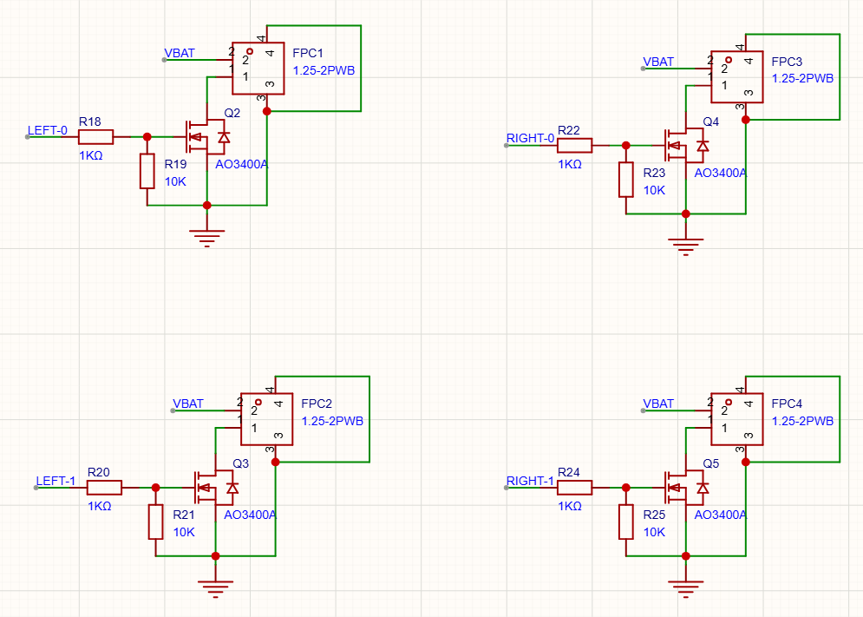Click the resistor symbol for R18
[95, 137]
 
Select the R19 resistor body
[147, 171]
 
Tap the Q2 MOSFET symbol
[206, 137]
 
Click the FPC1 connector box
[258, 69]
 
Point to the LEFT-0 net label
[48, 130]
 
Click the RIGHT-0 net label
[530, 138]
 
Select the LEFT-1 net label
[56, 481]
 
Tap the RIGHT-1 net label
[530, 481]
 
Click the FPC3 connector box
[737, 76]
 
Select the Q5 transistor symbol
[686, 488]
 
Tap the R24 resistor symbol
[574, 488]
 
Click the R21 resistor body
[156, 522]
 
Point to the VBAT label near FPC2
[188, 404]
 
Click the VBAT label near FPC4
[658, 404]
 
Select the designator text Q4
[711, 121]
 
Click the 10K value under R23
[654, 190]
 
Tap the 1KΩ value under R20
[100, 506]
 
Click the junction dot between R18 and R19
[147, 137]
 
